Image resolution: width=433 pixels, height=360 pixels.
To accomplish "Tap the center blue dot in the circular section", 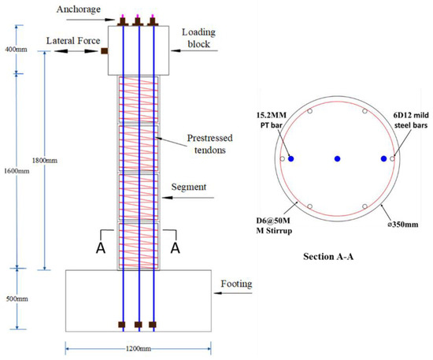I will (338, 158).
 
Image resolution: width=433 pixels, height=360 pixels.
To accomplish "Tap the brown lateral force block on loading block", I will (105, 52).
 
